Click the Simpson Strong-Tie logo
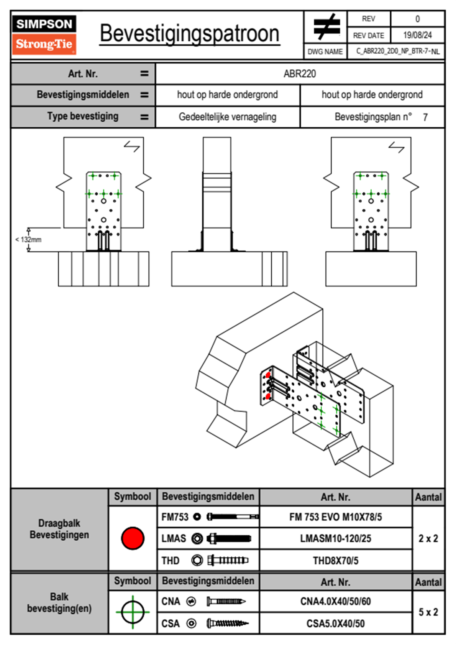(44, 35)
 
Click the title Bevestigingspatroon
(189, 34)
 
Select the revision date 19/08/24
(417, 35)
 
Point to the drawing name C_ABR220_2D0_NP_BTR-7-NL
(397, 51)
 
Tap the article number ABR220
(300, 74)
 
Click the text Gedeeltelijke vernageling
(227, 117)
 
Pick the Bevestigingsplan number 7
(425, 117)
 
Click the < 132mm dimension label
(28, 240)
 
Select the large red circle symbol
(133, 538)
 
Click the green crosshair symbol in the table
(133, 612)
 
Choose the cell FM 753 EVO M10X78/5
(335, 517)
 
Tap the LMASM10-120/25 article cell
(335, 538)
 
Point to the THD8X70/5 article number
(335, 561)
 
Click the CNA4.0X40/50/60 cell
(335, 601)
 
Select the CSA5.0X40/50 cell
(335, 624)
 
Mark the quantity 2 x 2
(428, 538)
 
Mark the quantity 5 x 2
(428, 612)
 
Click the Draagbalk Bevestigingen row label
(59, 529)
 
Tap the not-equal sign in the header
(326, 27)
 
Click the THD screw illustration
(228, 560)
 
